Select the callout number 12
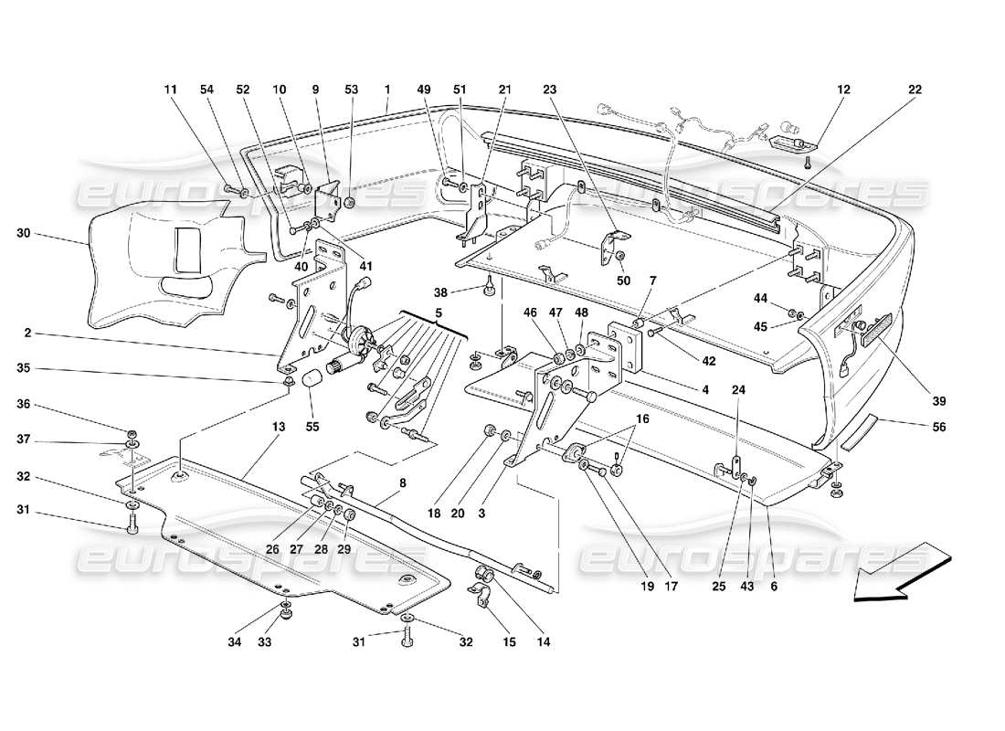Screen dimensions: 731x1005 point(842,90)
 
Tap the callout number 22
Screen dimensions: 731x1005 point(915,90)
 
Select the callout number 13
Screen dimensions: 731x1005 point(278,427)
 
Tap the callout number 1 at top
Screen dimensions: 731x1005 point(387,90)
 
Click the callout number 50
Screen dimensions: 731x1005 point(624,280)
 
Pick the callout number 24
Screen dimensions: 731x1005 point(738,389)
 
